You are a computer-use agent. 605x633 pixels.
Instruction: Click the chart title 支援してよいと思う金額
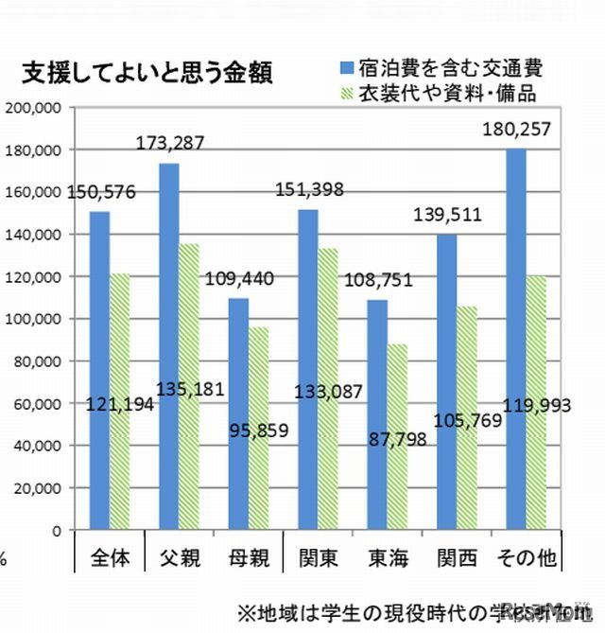[x=147, y=74]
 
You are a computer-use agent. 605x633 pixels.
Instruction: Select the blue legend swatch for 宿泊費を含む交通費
[x=345, y=67]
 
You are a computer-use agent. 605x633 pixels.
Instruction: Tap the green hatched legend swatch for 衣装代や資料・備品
[x=345, y=93]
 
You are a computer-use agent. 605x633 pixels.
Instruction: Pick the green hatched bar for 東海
[x=396, y=435]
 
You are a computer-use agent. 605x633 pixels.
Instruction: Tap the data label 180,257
[x=515, y=130]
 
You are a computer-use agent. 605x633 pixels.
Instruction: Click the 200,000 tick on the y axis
[x=33, y=108]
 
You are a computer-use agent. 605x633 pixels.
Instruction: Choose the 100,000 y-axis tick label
[x=33, y=319]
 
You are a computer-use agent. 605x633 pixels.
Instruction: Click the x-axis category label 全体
[x=111, y=556]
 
